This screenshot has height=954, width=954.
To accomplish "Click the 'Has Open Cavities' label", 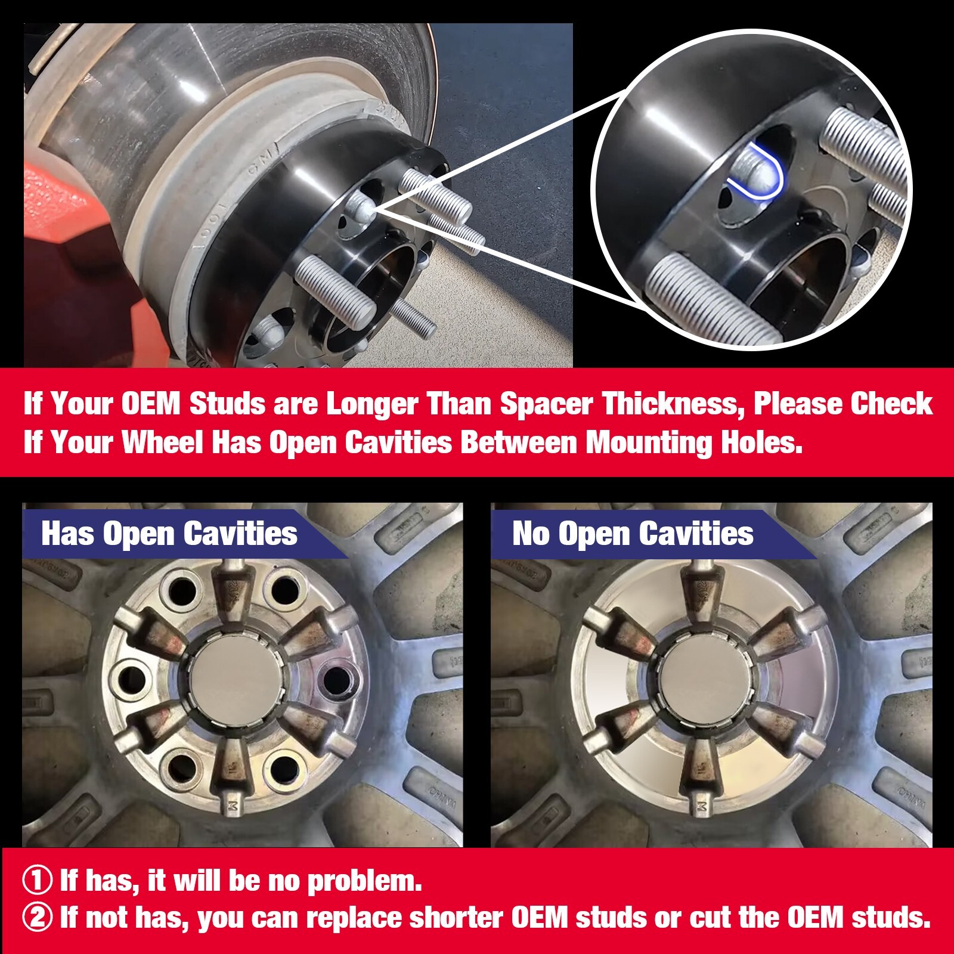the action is click(x=169, y=533).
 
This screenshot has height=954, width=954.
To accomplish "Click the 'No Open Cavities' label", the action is click(x=633, y=533).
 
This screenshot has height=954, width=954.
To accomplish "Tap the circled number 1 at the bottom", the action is click(x=37, y=881).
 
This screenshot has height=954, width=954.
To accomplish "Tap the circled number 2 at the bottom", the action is click(x=37, y=918).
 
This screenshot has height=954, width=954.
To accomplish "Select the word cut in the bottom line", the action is click(x=711, y=918).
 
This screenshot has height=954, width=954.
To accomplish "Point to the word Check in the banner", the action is click(x=891, y=404).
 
